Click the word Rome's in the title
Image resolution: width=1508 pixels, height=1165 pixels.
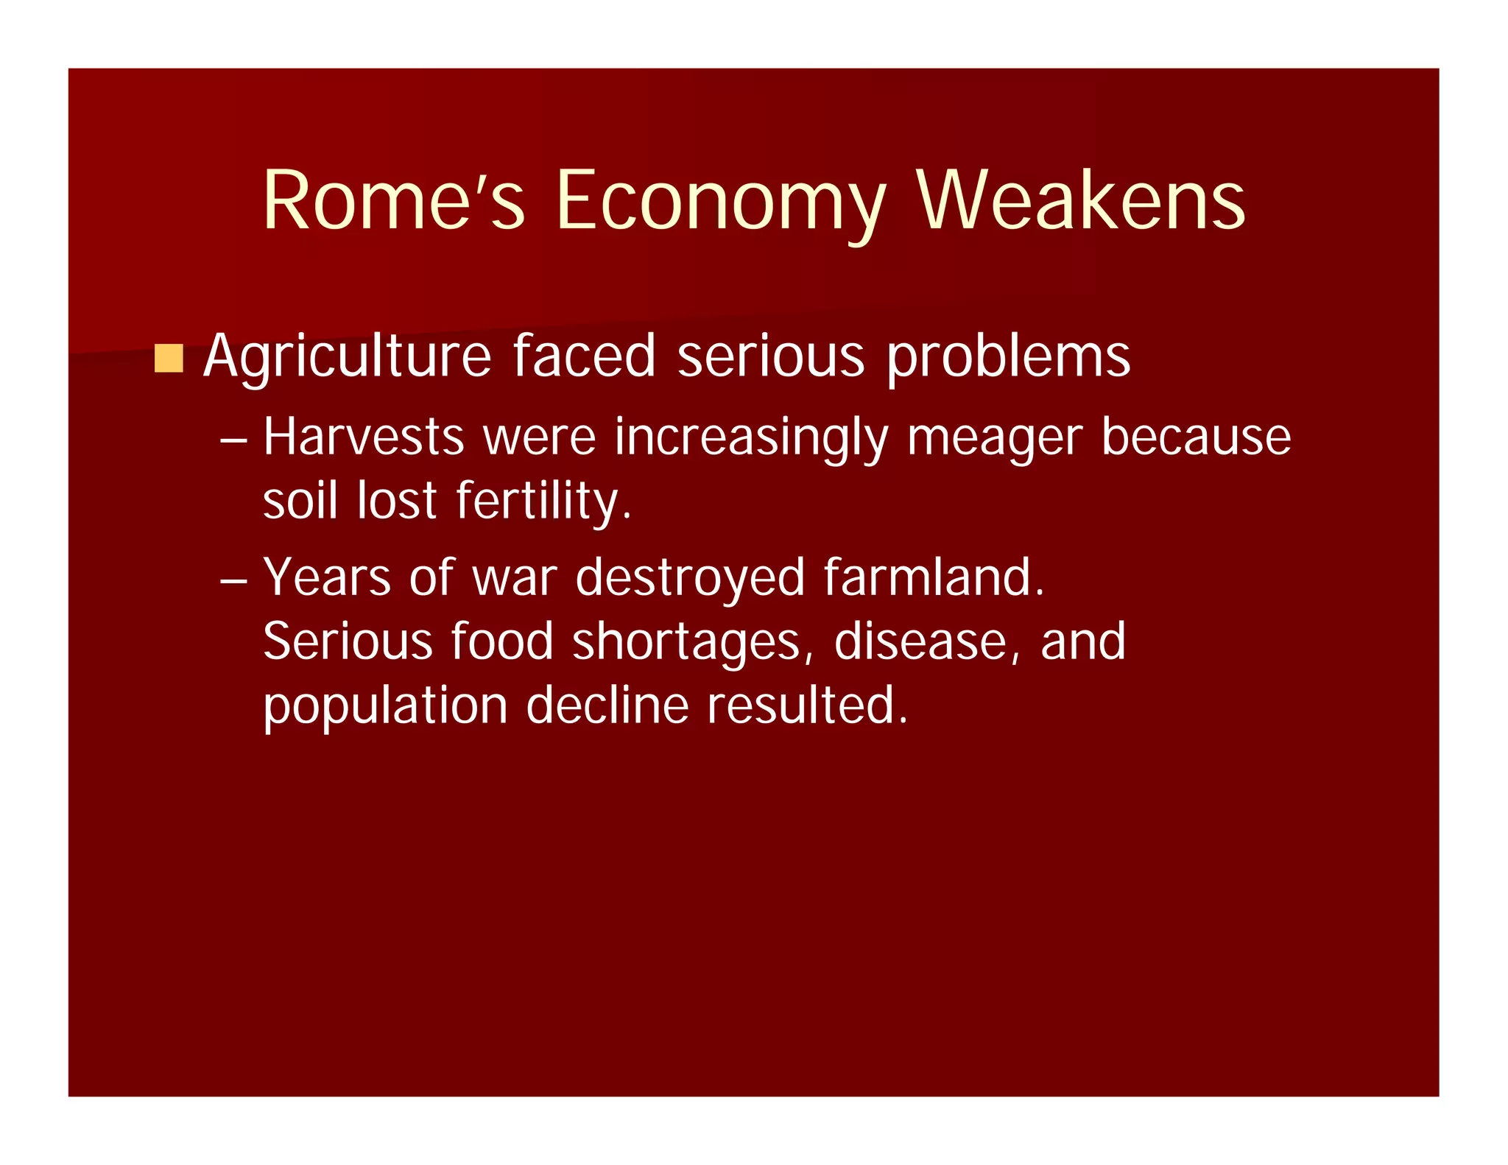pos(394,200)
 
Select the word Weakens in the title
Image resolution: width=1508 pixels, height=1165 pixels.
pos(1081,200)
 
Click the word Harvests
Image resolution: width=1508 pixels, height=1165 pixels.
pos(364,437)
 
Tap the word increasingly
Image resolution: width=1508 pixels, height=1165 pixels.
pos(751,437)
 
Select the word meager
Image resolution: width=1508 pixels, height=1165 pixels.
pos(995,437)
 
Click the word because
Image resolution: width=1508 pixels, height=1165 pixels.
pos(1196,437)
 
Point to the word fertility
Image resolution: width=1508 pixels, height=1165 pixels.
pos(543,501)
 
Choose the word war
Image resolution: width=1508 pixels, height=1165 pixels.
pos(514,577)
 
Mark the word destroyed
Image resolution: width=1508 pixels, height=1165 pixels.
pos(690,577)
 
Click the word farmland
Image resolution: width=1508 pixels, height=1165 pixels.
pos(934,577)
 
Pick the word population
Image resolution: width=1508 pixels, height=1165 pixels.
pos(386,706)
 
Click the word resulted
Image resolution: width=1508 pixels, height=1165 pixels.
pos(807,706)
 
